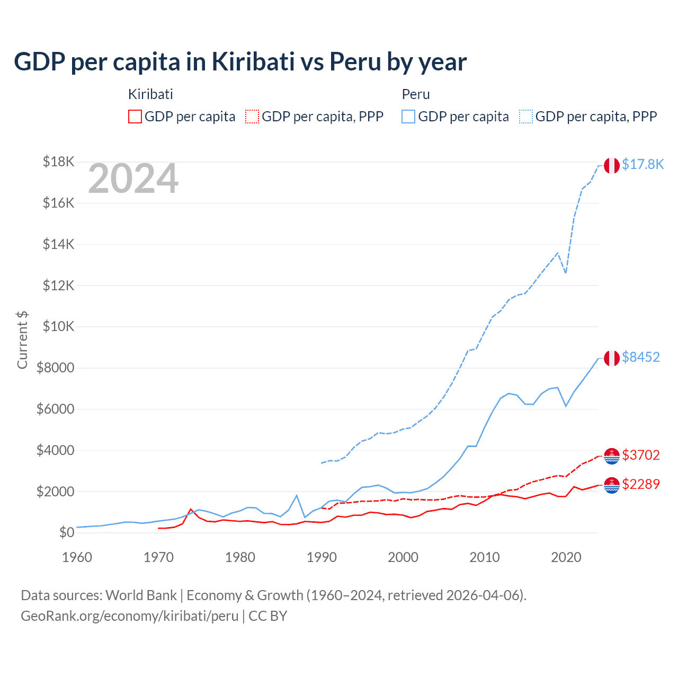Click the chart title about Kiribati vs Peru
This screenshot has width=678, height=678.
[240, 61]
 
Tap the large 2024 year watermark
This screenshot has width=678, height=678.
[133, 179]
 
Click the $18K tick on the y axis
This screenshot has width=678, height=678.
[58, 162]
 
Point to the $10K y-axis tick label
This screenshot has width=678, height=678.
[58, 326]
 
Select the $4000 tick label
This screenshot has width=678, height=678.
[55, 450]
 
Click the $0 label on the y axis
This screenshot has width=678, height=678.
[66, 532]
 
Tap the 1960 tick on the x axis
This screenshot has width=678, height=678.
[77, 557]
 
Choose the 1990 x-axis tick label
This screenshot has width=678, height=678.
[322, 557]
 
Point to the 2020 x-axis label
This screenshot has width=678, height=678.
[566, 557]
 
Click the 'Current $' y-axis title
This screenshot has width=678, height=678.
[22, 340]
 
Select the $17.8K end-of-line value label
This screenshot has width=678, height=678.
[643, 164]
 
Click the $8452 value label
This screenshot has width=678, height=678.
[640, 357]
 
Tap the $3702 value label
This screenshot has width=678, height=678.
[640, 455]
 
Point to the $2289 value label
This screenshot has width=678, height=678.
[640, 484]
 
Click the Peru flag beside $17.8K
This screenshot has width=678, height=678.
[612, 165]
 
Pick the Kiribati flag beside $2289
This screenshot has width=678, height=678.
[612, 485]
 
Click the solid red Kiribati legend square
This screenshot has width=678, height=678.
[135, 117]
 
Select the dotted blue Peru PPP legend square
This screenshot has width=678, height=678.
[526, 117]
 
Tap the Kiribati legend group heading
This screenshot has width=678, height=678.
[150, 94]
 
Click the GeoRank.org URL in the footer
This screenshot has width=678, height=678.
[130, 616]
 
